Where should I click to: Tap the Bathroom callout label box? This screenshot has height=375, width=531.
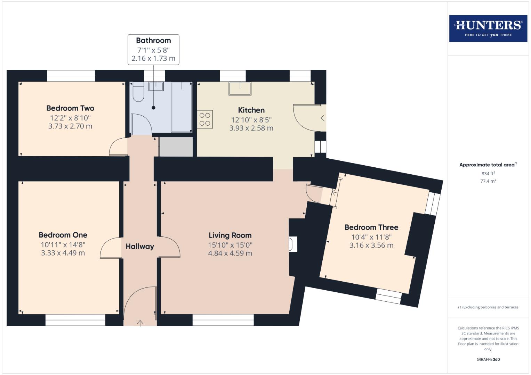[153, 49]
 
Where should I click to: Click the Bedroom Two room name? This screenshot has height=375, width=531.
[70, 108]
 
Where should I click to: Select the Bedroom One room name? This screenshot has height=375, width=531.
[63, 235]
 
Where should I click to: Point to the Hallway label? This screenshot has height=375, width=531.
[140, 247]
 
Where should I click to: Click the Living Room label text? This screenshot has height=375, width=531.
[230, 235]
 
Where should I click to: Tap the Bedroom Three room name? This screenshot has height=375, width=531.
[371, 227]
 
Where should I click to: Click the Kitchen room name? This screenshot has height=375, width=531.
[251, 110]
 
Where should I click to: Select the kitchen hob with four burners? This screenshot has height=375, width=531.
[205, 119]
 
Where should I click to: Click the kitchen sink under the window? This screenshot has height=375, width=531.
[240, 88]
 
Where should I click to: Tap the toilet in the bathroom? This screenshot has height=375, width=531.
[138, 92]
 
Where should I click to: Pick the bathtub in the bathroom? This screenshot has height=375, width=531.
[182, 107]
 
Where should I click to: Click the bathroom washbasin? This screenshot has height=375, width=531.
[156, 86]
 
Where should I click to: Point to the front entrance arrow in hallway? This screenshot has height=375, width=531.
[140, 323]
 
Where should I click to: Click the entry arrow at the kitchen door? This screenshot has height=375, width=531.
[323, 118]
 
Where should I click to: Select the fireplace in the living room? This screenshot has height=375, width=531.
[293, 244]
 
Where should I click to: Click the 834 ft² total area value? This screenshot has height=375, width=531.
[488, 173]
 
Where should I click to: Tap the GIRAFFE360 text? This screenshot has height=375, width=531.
[488, 359]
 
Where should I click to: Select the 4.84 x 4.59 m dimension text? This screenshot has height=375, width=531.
[230, 253]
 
